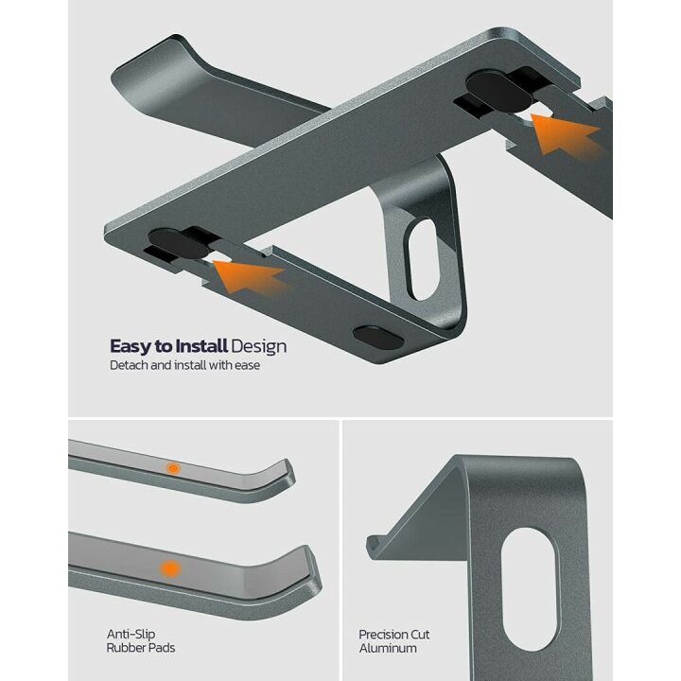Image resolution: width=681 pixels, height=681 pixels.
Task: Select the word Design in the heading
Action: point(258,347)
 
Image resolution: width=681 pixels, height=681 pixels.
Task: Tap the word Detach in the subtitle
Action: point(129,365)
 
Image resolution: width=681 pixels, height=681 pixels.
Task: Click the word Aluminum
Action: point(388,648)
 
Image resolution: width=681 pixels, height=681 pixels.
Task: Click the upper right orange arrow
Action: point(567,134)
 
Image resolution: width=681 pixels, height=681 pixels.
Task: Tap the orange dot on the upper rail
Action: point(173,468)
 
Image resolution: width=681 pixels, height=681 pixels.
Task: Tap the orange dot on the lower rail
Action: point(170,568)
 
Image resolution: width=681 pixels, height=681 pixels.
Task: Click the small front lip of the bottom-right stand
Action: point(375,544)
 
